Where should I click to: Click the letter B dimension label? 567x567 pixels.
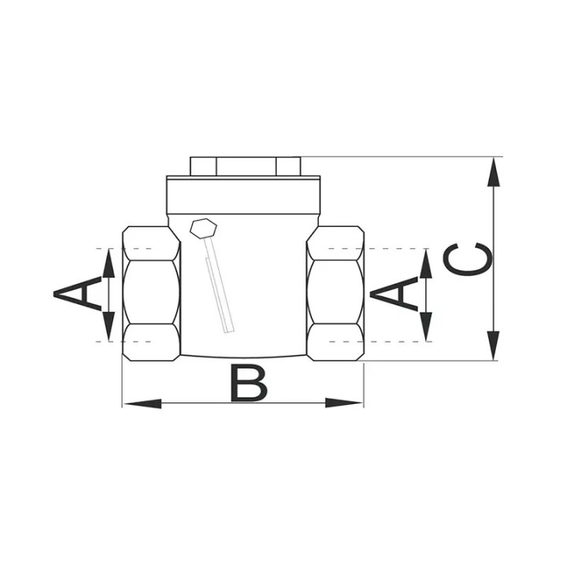(249, 384)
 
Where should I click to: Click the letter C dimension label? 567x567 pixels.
(467, 259)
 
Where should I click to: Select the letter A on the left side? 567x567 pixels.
(77, 293)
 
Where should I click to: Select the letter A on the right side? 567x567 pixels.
(395, 293)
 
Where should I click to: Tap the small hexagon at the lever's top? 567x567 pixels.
(203, 228)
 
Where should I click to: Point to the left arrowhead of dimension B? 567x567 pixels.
(143, 403)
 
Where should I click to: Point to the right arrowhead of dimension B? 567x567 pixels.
(344, 403)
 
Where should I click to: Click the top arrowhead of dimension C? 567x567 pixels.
(494, 172)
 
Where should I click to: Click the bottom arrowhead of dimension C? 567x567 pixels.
(494, 346)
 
